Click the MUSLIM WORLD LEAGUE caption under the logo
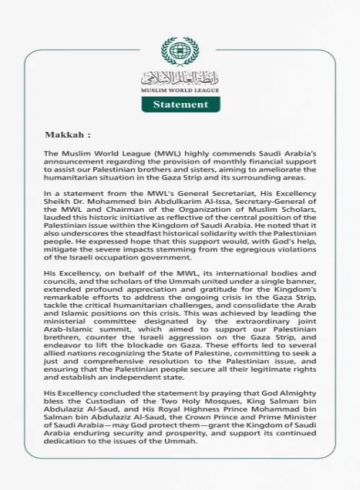(x=180, y=90)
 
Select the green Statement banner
(x=180, y=104)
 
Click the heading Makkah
(x=68, y=135)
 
